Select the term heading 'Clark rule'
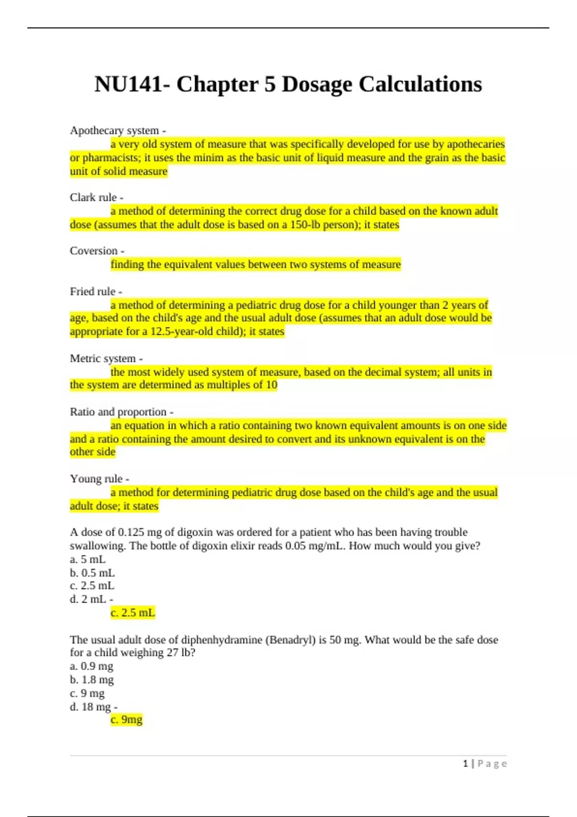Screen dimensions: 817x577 [x=93, y=198]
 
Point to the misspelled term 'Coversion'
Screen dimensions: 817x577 [x=94, y=251]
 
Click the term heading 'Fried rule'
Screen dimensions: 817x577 [x=93, y=292]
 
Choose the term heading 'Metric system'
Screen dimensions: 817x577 [x=103, y=359]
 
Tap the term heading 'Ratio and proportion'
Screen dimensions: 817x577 [x=118, y=412]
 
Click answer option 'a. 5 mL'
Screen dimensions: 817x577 [x=88, y=559]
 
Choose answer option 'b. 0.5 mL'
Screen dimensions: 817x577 [x=92, y=573]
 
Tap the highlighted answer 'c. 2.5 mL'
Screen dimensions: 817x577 [x=133, y=613]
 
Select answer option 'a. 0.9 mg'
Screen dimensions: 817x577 [x=91, y=666]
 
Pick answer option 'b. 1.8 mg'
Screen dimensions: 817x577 [x=92, y=680]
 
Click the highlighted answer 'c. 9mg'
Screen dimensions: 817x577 [x=126, y=719]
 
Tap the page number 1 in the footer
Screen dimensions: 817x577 [x=465, y=764]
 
